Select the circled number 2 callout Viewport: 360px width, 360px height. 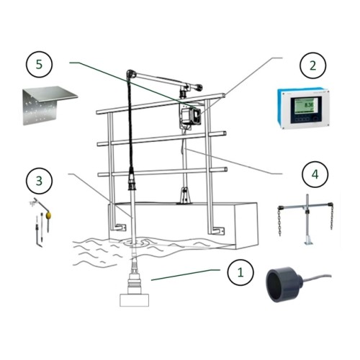[x=312, y=66]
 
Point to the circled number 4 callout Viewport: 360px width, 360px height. [x=312, y=174]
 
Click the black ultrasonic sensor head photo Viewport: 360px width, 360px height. [x=284, y=282]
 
